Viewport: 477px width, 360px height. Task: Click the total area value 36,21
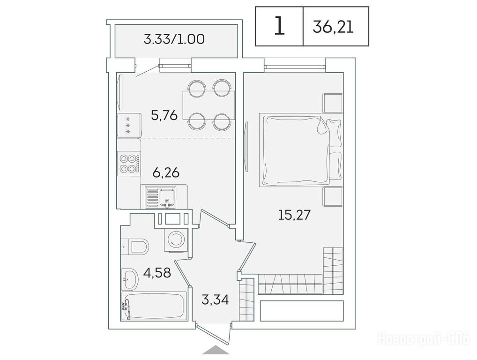[x=333, y=27]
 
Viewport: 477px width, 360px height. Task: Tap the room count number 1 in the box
[x=279, y=26]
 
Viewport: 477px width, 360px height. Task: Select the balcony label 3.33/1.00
[x=174, y=39]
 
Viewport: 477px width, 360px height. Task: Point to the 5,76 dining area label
[x=164, y=115]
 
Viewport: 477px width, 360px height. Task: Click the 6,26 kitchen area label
[x=166, y=172]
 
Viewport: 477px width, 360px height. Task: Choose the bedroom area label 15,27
[x=294, y=215]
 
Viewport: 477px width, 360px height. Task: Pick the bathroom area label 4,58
[x=157, y=273]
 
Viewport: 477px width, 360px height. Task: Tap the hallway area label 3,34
[x=215, y=300]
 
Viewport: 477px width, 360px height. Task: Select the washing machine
[x=176, y=240]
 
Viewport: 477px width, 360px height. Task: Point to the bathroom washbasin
[x=130, y=279]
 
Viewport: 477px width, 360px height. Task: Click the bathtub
[x=154, y=306]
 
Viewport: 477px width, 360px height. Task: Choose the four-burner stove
[x=129, y=163]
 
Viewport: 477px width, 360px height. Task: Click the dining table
[x=209, y=105]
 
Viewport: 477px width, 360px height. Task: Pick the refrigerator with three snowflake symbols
[x=129, y=125]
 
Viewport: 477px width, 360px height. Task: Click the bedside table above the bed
[x=333, y=103]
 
